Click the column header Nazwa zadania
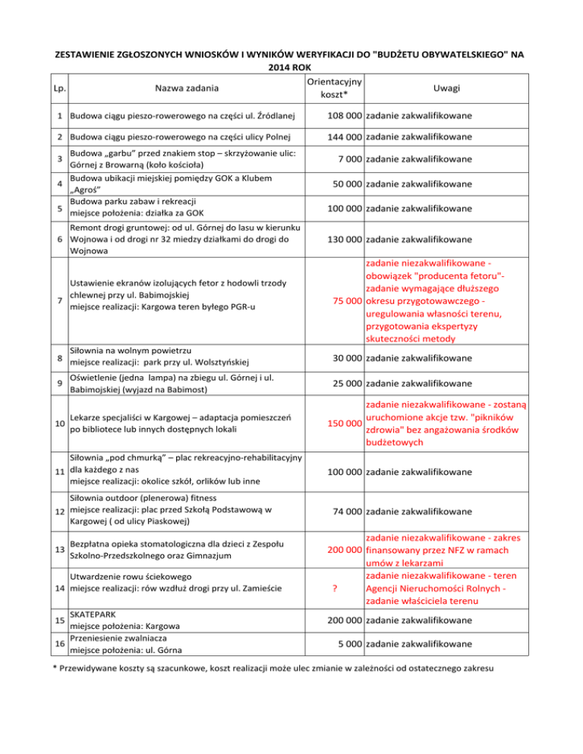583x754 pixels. point(187,88)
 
